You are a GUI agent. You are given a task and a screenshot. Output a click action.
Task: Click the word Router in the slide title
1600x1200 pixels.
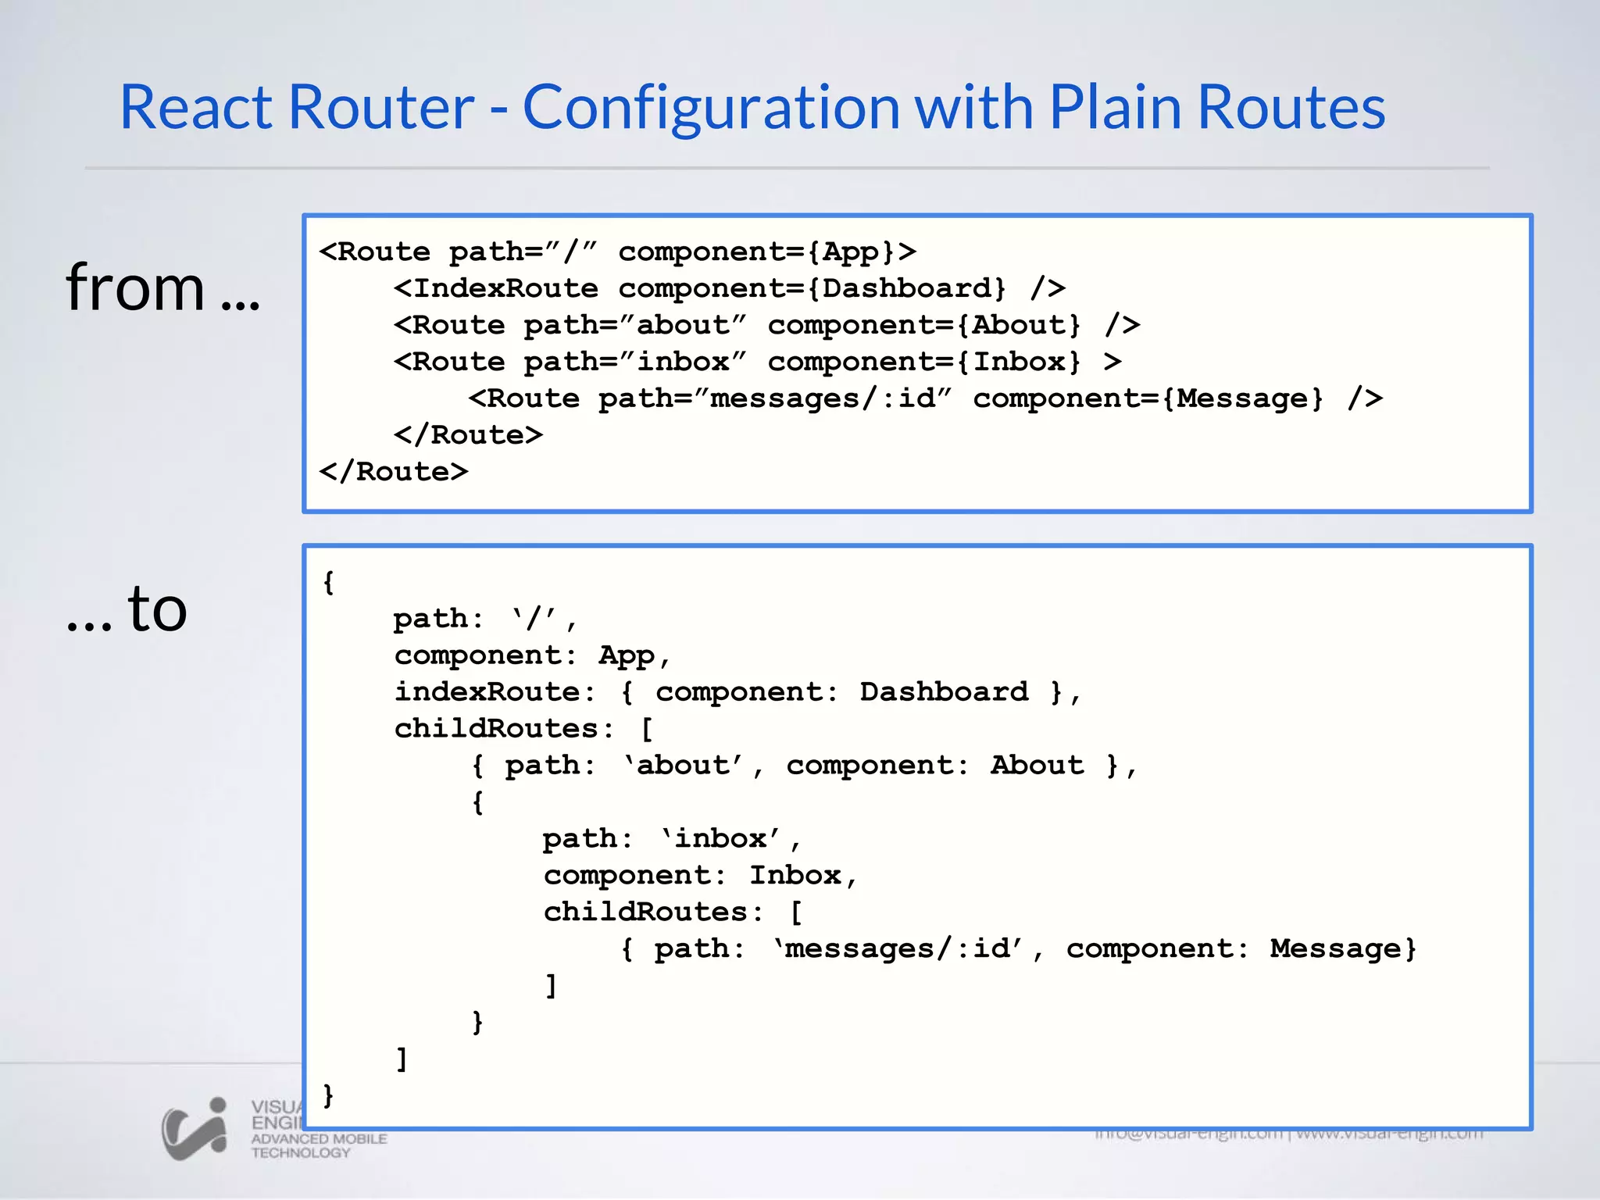[381, 107]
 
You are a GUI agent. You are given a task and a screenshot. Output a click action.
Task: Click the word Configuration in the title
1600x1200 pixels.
[711, 107]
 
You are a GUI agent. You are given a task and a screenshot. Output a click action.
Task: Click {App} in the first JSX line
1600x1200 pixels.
[851, 252]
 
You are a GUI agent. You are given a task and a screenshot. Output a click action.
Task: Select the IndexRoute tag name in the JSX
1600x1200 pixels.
[505, 288]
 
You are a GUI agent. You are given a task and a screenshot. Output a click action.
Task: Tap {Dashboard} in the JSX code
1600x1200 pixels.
[906, 288]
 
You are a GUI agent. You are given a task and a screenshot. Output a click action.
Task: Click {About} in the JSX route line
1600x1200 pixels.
[1019, 325]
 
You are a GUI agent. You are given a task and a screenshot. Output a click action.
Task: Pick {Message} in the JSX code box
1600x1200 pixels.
[1242, 398]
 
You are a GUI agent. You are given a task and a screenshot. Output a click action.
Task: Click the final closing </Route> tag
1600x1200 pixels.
[394, 472]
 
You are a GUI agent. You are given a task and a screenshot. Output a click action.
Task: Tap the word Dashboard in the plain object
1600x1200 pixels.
[944, 692]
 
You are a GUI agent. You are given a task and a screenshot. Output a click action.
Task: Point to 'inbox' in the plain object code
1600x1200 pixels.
[720, 839]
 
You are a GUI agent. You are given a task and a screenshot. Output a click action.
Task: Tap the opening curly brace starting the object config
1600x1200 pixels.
[329, 582]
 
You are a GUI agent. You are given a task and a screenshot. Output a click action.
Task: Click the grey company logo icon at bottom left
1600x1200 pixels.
[195, 1129]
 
